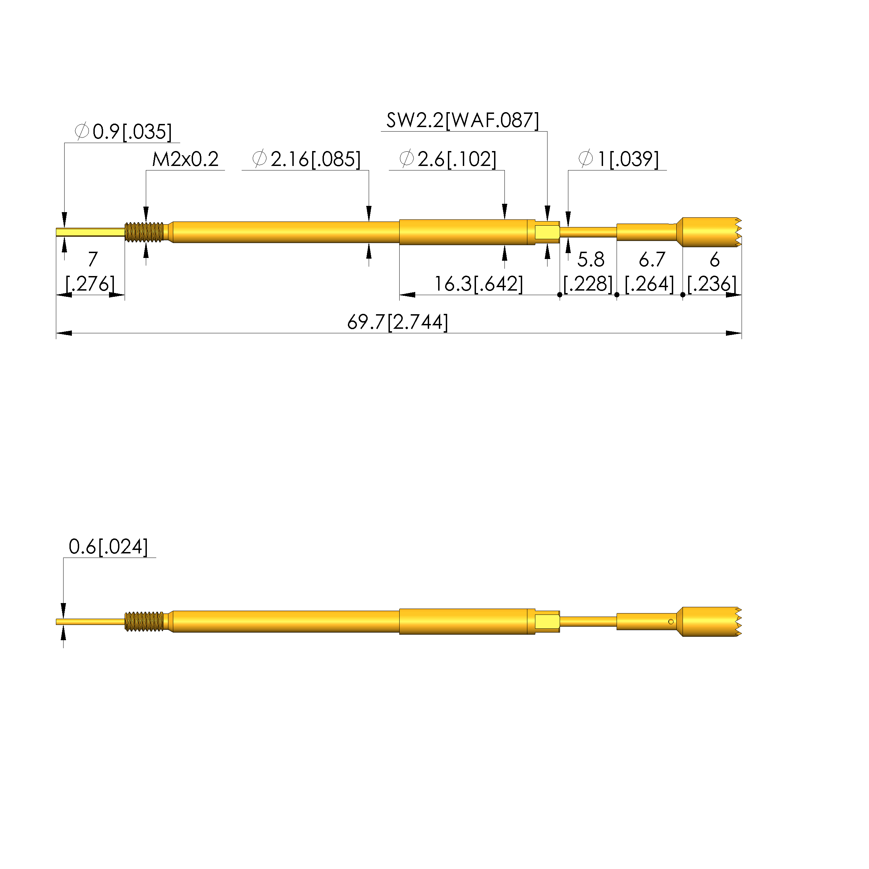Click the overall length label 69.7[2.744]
point(398,322)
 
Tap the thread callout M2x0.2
point(185,159)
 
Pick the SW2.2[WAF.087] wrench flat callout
point(462,120)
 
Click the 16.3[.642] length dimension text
point(478,284)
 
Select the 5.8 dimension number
point(591,260)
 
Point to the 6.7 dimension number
point(652,260)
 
